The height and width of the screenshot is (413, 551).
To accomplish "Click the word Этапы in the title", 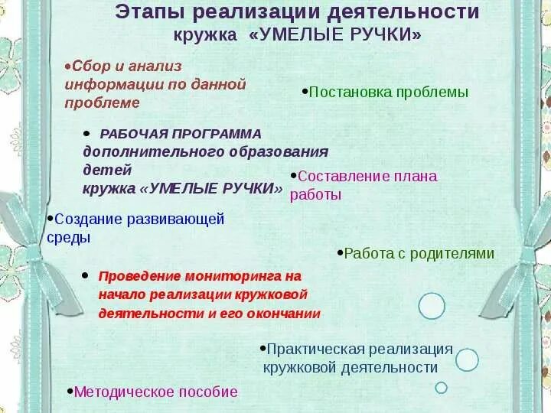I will click(x=149, y=12).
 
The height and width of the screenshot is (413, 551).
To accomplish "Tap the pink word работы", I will click(x=315, y=194).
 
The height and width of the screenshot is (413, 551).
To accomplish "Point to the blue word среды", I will click(x=69, y=237).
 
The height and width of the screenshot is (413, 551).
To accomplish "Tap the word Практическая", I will click(x=315, y=349).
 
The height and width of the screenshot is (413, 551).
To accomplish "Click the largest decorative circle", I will click(x=432, y=306).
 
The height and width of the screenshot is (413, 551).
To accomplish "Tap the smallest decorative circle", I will click(x=441, y=388).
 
